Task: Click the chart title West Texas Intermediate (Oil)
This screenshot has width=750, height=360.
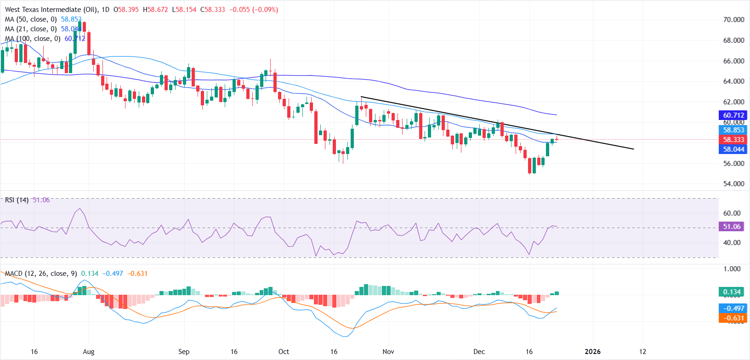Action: (x=50, y=9)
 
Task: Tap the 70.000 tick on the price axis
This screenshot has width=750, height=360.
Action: (x=733, y=20)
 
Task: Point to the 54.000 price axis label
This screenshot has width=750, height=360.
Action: (x=733, y=184)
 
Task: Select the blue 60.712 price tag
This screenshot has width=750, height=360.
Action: (x=733, y=115)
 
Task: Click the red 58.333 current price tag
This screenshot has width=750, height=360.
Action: (x=733, y=140)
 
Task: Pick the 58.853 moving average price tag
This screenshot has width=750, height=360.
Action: (x=733, y=130)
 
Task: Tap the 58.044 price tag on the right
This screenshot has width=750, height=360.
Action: (x=733, y=149)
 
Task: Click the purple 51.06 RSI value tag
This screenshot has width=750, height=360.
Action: (x=732, y=227)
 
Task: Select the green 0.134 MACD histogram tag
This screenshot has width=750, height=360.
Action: (x=732, y=292)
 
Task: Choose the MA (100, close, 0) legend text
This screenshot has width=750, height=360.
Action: (x=33, y=39)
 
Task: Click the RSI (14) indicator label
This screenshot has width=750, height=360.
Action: (x=17, y=200)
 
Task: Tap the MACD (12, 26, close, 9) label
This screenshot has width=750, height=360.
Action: (x=41, y=274)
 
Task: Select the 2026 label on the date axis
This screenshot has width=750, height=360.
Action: (x=592, y=352)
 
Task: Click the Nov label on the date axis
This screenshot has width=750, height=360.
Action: (x=388, y=352)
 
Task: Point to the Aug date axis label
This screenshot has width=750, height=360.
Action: (x=89, y=352)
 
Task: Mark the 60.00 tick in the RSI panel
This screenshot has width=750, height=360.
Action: (x=732, y=213)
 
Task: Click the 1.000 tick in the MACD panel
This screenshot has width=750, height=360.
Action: (x=732, y=269)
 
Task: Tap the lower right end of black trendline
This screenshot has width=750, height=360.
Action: (x=633, y=149)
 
